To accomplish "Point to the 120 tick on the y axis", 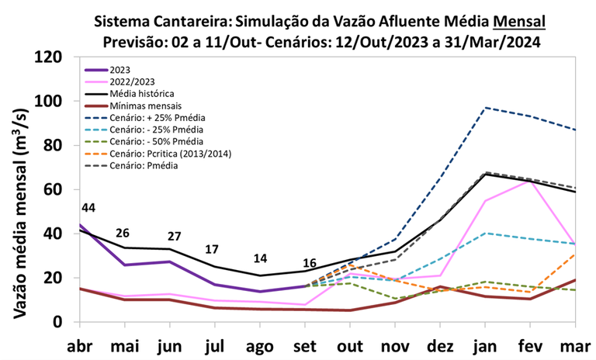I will [x=57, y=57].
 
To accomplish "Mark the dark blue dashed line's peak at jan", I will [x=485, y=108].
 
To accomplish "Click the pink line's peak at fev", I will [x=531, y=180].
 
